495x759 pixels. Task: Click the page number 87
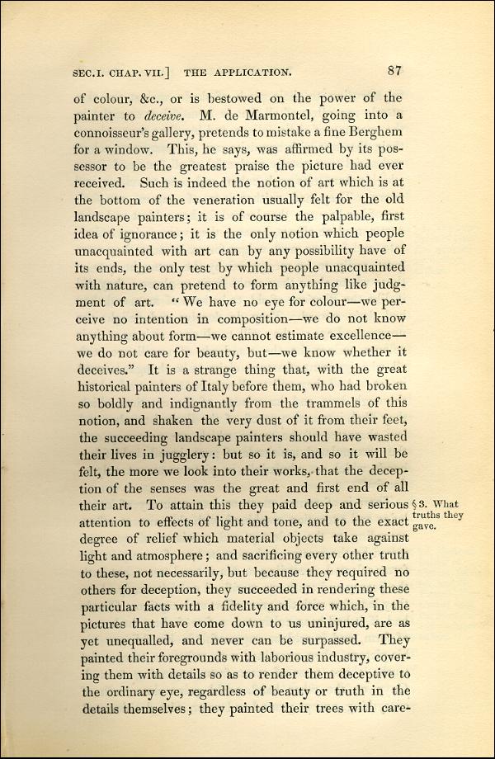click(393, 70)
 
